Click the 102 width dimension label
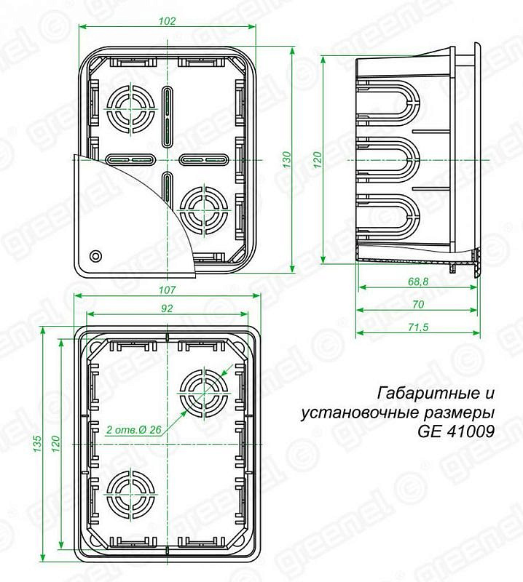[167, 21]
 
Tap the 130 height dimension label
[286, 159]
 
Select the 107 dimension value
[167, 290]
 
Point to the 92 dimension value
[168, 308]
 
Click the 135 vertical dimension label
[37, 444]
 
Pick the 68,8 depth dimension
[418, 282]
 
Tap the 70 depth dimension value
[418, 304]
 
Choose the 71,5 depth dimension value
[418, 327]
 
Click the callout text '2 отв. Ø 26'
[134, 429]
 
